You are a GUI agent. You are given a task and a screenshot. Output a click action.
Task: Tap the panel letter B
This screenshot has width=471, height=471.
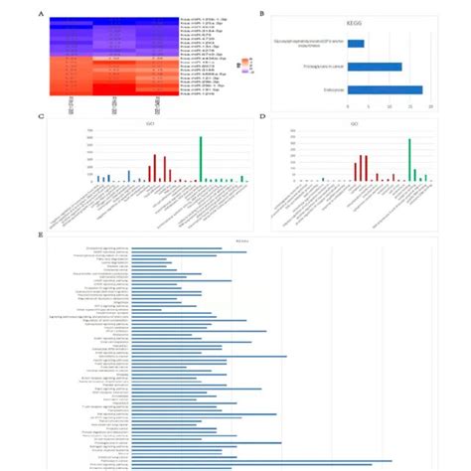click(260, 14)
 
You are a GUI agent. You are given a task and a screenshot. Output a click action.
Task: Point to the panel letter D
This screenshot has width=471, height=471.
click(260, 116)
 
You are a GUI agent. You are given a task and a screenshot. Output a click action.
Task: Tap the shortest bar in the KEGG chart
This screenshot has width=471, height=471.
click(357, 43)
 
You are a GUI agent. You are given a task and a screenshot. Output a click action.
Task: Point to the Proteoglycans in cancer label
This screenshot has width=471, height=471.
click(321, 67)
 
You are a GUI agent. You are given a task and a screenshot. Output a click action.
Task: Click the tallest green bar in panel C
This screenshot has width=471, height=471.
click(200, 159)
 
